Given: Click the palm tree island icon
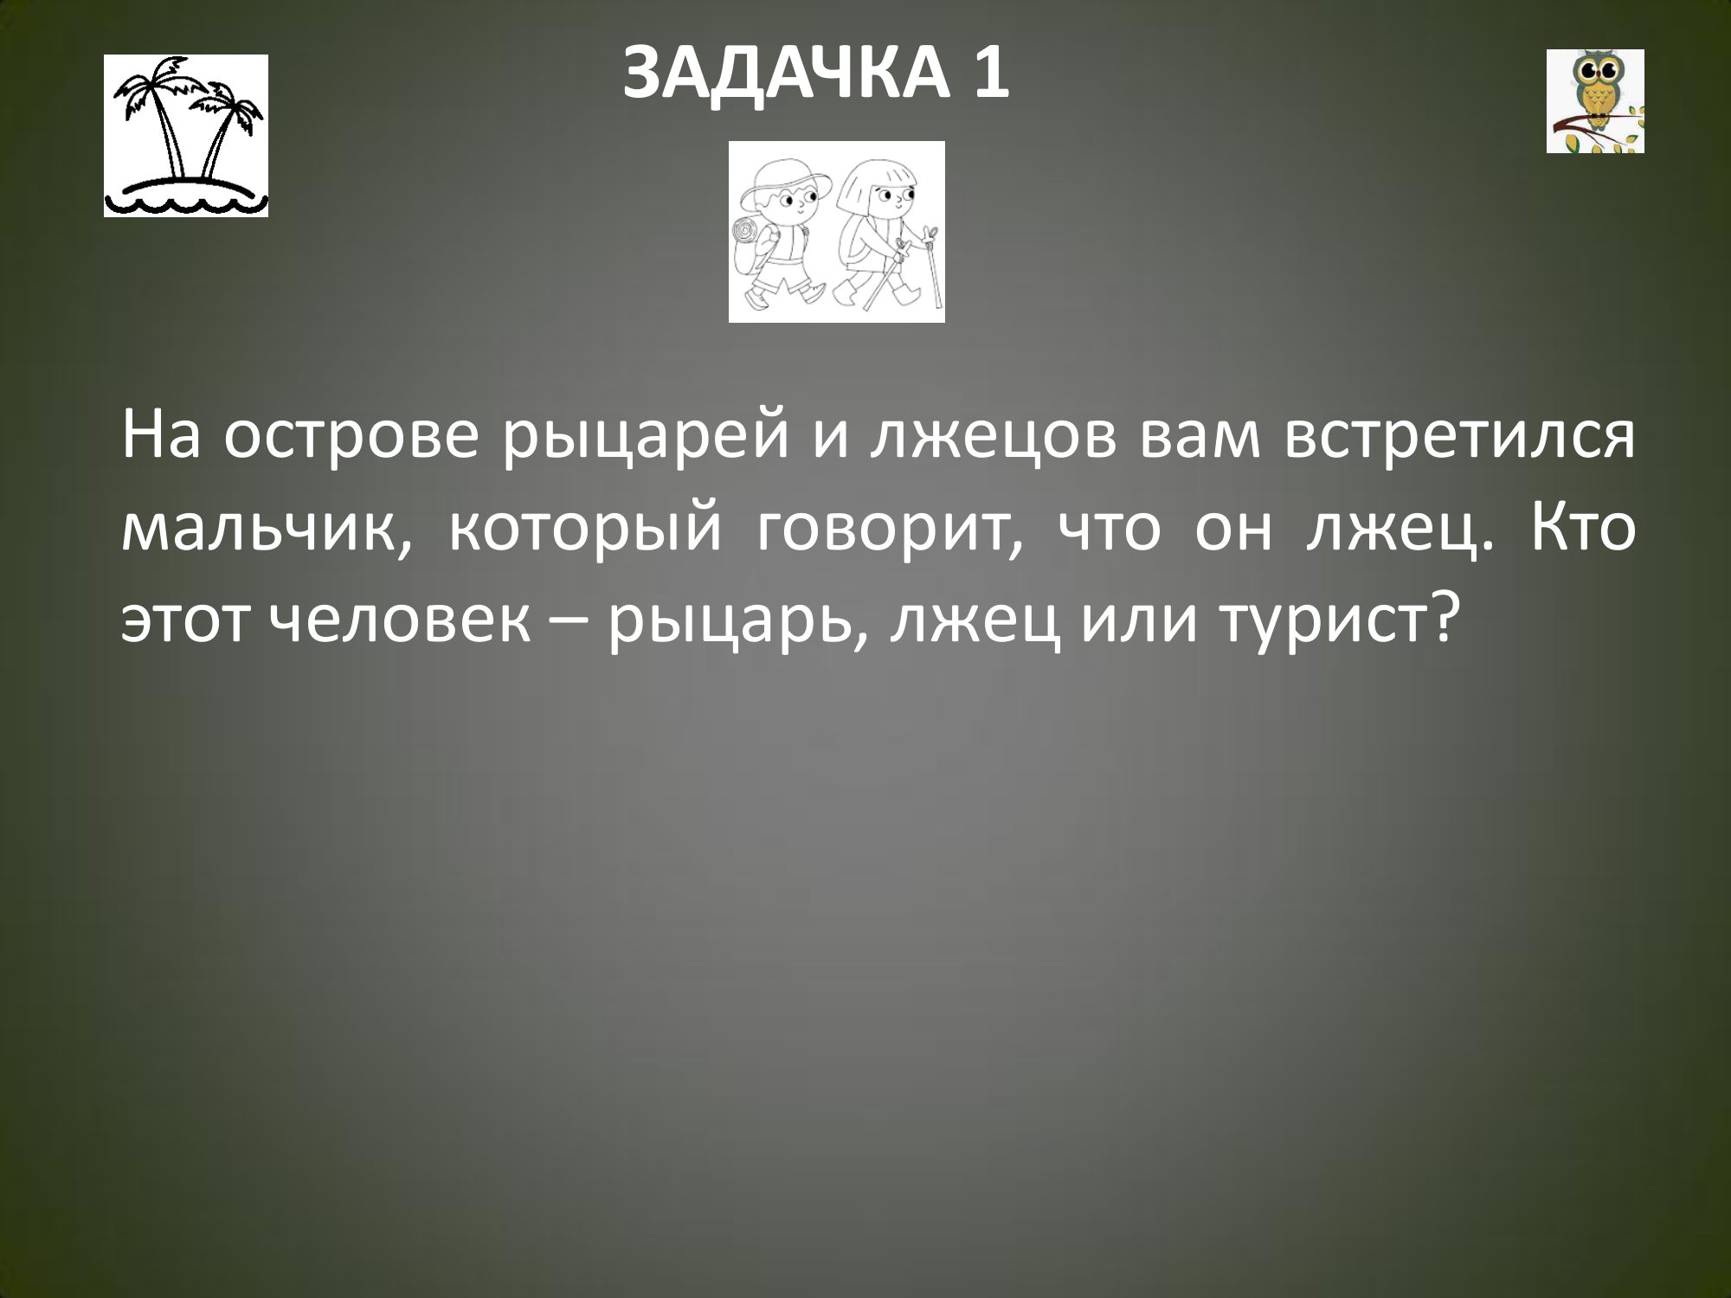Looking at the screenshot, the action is coord(186,136).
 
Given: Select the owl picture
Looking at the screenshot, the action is coord(1595,101).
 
